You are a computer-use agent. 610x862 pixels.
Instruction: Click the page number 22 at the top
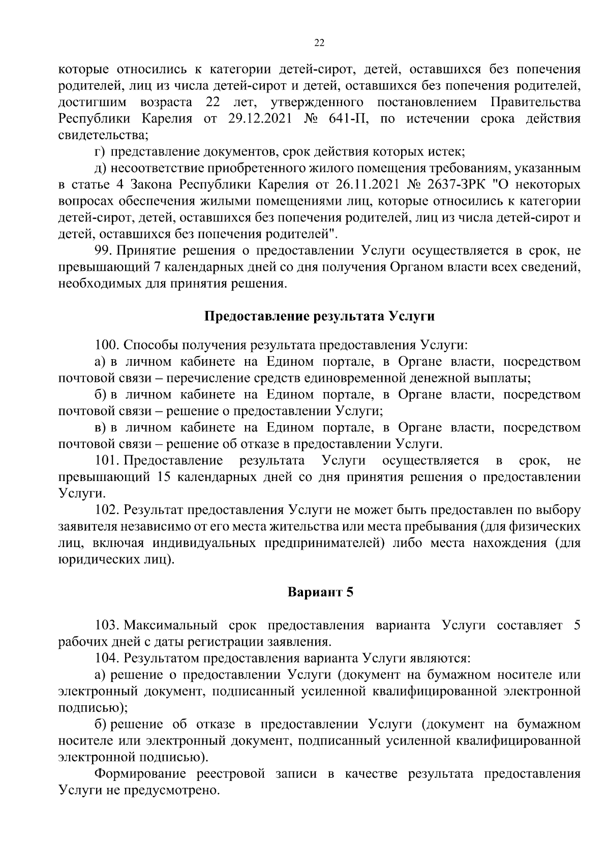coord(320,43)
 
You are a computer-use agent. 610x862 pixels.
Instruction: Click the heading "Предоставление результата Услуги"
coord(320,316)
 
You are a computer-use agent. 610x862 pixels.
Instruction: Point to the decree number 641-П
coord(345,119)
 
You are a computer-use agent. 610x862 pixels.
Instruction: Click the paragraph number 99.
coord(104,250)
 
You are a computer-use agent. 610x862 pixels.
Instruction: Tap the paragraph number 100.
coord(107,345)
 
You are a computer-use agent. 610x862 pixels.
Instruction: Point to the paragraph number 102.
coord(107,510)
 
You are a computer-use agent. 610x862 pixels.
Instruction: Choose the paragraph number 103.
coord(107,625)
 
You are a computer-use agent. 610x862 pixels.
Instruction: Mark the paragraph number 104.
coord(107,658)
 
